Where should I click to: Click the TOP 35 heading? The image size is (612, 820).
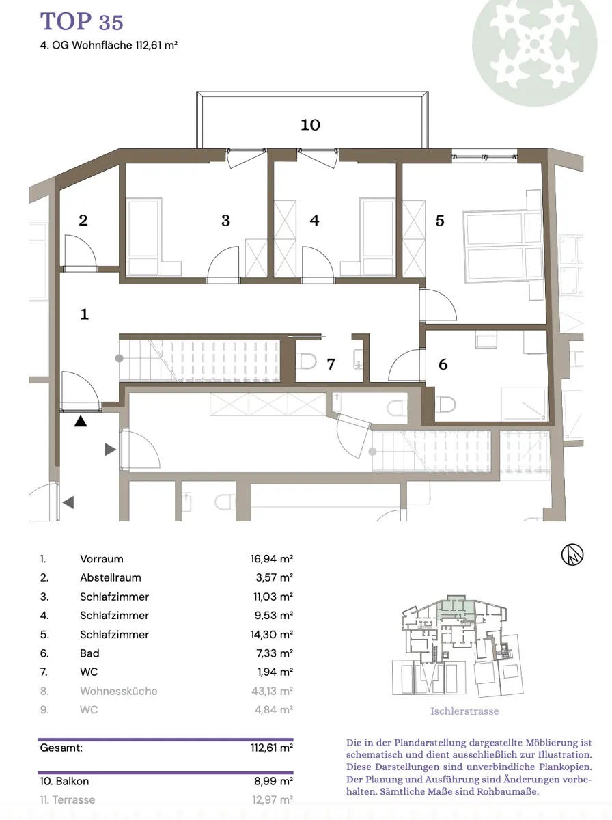(81, 21)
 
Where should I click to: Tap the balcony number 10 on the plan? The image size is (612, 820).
(310, 125)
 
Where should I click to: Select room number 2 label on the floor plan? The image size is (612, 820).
(83, 221)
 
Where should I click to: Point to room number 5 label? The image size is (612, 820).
(440, 221)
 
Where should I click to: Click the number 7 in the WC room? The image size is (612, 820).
(331, 364)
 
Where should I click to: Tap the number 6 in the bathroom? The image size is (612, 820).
(443, 364)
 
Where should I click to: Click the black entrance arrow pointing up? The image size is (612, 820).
(81, 422)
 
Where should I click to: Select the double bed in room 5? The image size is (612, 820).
(503, 245)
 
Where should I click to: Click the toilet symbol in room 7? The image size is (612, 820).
(306, 361)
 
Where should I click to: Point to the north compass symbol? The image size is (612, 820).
(572, 554)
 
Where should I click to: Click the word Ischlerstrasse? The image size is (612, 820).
(464, 711)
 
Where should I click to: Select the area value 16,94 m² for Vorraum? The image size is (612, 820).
(271, 559)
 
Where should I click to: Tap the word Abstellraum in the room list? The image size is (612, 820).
(111, 577)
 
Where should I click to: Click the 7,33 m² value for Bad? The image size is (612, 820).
(275, 653)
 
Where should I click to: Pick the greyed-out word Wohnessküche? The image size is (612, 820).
(119, 691)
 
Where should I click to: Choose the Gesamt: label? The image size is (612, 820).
(61, 748)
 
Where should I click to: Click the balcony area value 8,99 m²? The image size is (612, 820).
(274, 781)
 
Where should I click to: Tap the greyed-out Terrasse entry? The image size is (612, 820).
(68, 799)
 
